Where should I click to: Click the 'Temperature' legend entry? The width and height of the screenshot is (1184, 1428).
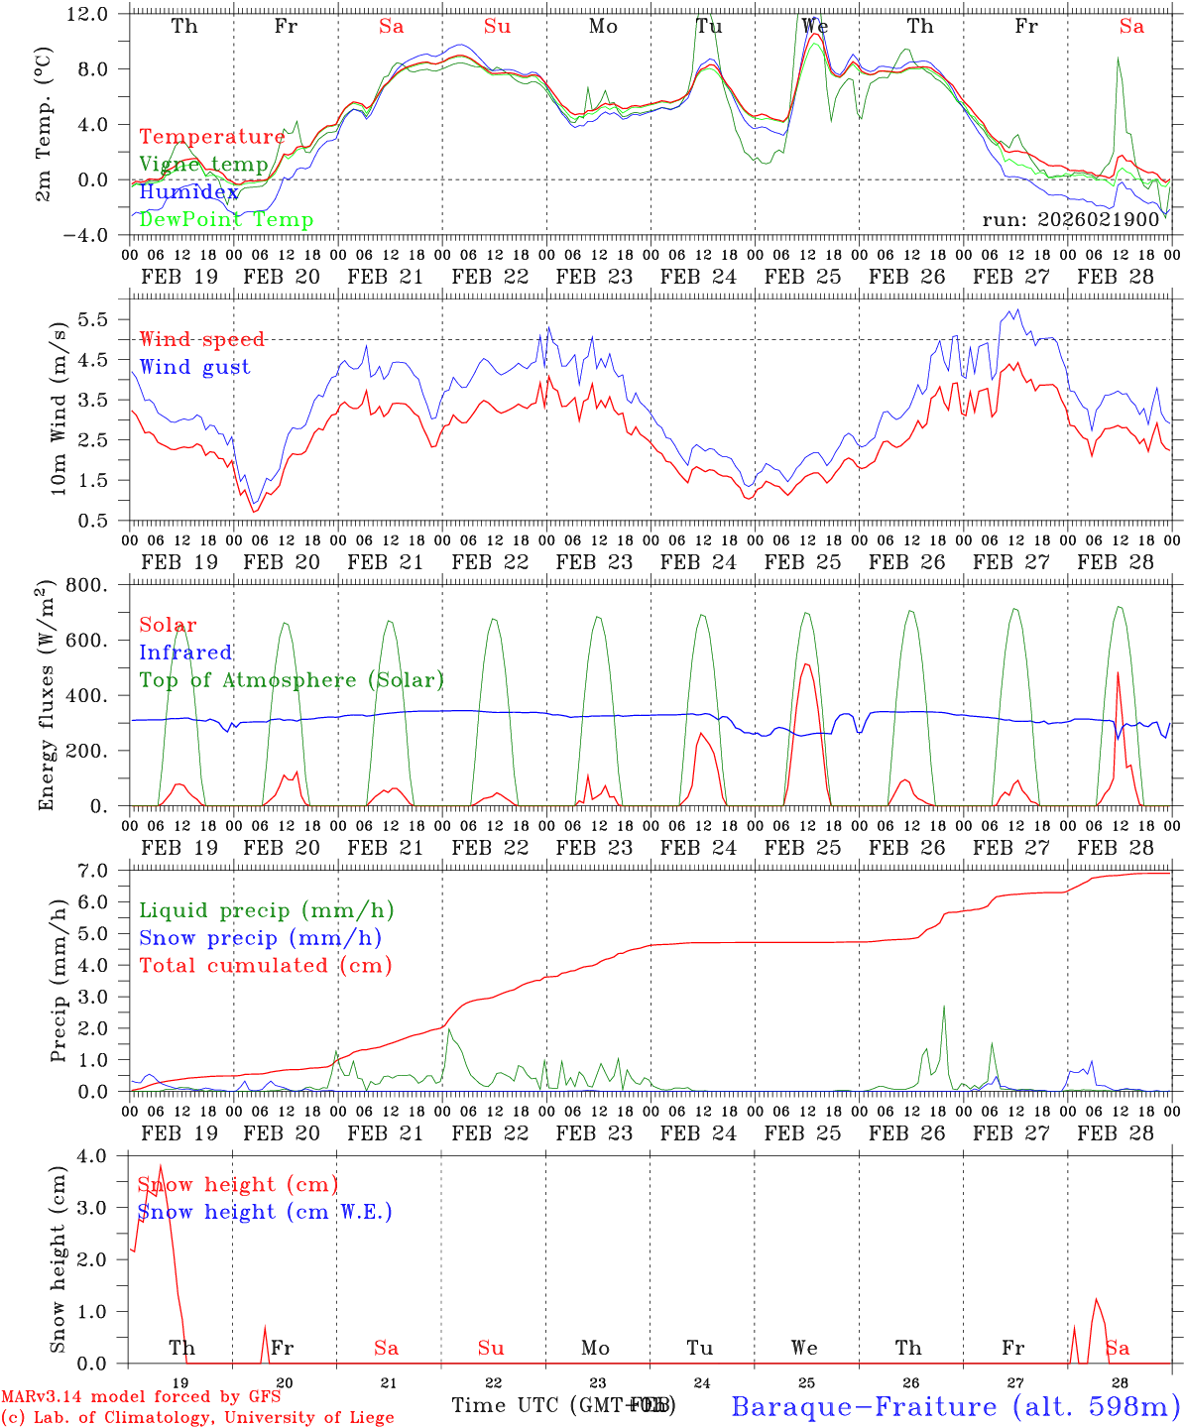(x=212, y=137)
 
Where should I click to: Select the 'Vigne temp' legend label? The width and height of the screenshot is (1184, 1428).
(x=203, y=165)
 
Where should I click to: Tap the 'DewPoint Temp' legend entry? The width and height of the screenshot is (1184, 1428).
(x=226, y=220)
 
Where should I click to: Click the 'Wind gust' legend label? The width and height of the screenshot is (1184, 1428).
(x=194, y=367)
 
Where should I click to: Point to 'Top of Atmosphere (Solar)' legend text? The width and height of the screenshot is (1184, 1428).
(x=292, y=680)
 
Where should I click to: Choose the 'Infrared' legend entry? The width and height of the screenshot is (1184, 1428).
(x=185, y=653)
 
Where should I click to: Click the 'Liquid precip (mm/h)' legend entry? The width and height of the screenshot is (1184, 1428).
(x=267, y=910)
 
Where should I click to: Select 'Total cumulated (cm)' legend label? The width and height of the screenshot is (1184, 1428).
(x=266, y=965)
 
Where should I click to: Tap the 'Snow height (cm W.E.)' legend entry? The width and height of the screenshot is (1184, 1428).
(x=265, y=1212)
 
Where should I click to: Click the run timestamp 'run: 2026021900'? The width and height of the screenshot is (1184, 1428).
(x=1070, y=220)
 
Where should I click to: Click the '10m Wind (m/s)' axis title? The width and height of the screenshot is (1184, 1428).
(x=57, y=405)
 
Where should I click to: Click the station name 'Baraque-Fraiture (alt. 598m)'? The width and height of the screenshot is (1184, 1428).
(x=955, y=1406)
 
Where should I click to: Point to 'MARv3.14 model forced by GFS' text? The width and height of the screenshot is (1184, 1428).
(x=141, y=1397)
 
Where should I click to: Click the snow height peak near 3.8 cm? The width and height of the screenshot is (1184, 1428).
(x=161, y=1166)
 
